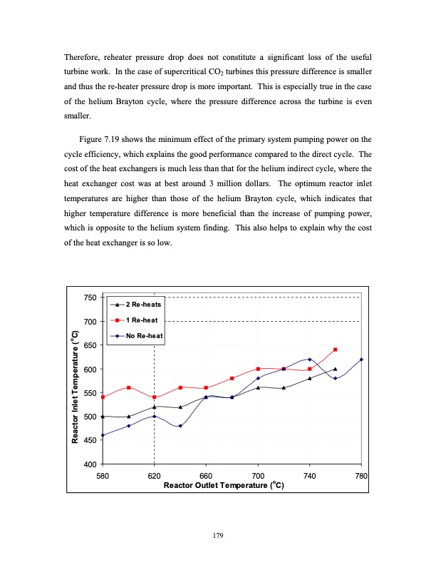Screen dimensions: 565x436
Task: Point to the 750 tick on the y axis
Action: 90,297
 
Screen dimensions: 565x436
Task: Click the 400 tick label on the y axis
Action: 90,464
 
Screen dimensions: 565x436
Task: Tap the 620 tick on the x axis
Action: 154,476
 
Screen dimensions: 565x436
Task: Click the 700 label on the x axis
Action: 258,476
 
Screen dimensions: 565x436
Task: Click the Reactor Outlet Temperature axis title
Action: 224,486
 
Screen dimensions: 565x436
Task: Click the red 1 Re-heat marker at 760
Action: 335,350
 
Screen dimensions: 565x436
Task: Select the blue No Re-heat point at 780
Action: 361,360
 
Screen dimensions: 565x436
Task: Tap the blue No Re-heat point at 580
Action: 103,435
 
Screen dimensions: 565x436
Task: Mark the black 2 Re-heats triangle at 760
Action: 335,369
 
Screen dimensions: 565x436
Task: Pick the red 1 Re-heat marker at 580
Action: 103,397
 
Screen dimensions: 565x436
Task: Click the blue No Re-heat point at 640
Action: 180,426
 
